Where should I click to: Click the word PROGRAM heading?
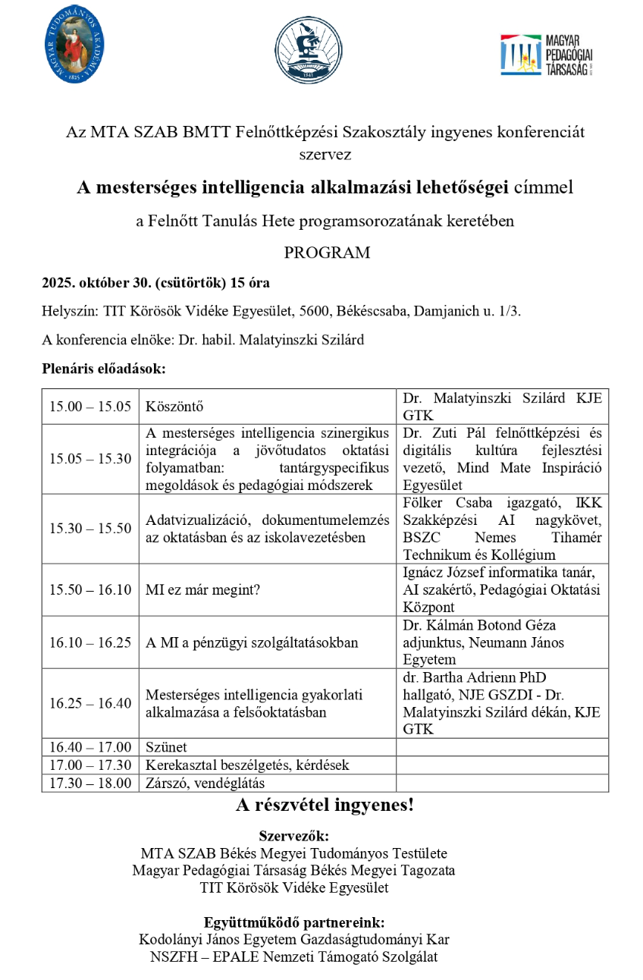pos(327,253)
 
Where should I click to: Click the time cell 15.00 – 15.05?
pos(90,407)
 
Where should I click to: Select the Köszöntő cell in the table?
pos(175,407)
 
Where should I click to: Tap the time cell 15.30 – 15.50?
pos(90,529)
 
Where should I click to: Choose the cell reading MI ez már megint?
pos(202,589)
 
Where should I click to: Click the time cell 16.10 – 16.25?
pos(90,642)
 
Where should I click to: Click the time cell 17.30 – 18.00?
pos(90,782)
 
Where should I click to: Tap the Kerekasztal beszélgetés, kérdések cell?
pos(237,765)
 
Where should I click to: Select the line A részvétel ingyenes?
pos(325,806)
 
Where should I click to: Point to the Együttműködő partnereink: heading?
pos(293,922)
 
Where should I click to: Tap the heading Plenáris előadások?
pos(103,369)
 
